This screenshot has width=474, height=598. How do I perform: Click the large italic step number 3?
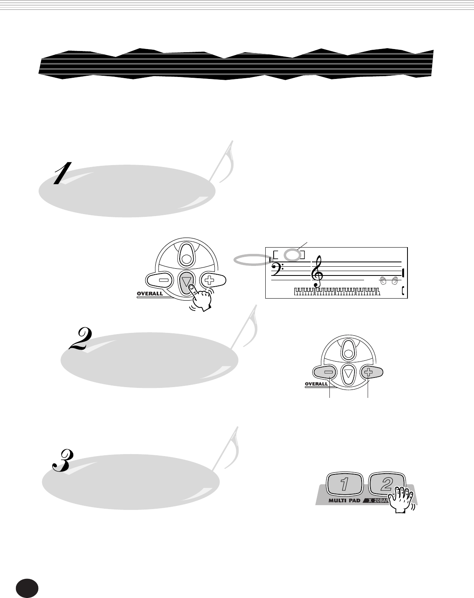(63, 461)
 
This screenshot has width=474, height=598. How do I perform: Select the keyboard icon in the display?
(337, 292)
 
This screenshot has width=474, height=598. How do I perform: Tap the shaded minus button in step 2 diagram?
(328, 373)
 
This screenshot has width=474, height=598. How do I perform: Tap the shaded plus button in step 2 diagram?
(368, 373)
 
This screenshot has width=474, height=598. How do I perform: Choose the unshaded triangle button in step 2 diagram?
(349, 374)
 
